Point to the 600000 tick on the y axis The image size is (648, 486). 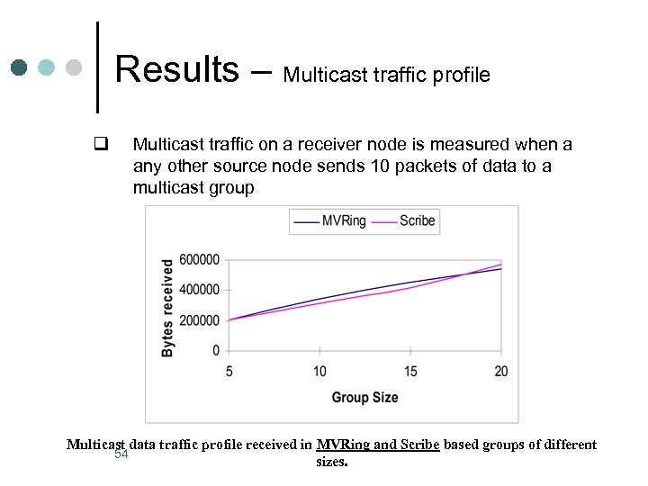pyautogui.click(x=199, y=260)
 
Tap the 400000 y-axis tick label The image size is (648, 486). pyautogui.click(x=199, y=290)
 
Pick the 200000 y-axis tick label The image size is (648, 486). pyautogui.click(x=199, y=320)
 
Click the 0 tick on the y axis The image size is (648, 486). pyautogui.click(x=215, y=350)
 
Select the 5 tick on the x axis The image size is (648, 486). pyautogui.click(x=229, y=371)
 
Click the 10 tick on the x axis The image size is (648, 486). pyautogui.click(x=319, y=371)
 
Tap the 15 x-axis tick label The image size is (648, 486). pyautogui.click(x=410, y=371)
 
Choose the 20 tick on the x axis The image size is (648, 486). pyautogui.click(x=500, y=371)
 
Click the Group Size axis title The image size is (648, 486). pyautogui.click(x=364, y=397)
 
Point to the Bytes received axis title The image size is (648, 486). pyautogui.click(x=168, y=307)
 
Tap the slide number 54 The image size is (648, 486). pyautogui.click(x=121, y=454)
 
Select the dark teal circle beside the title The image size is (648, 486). pyautogui.click(x=20, y=68)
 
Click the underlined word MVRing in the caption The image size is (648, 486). pyautogui.click(x=342, y=445)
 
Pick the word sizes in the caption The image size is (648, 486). pyautogui.click(x=331, y=461)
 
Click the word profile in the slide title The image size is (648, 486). pyautogui.click(x=459, y=75)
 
